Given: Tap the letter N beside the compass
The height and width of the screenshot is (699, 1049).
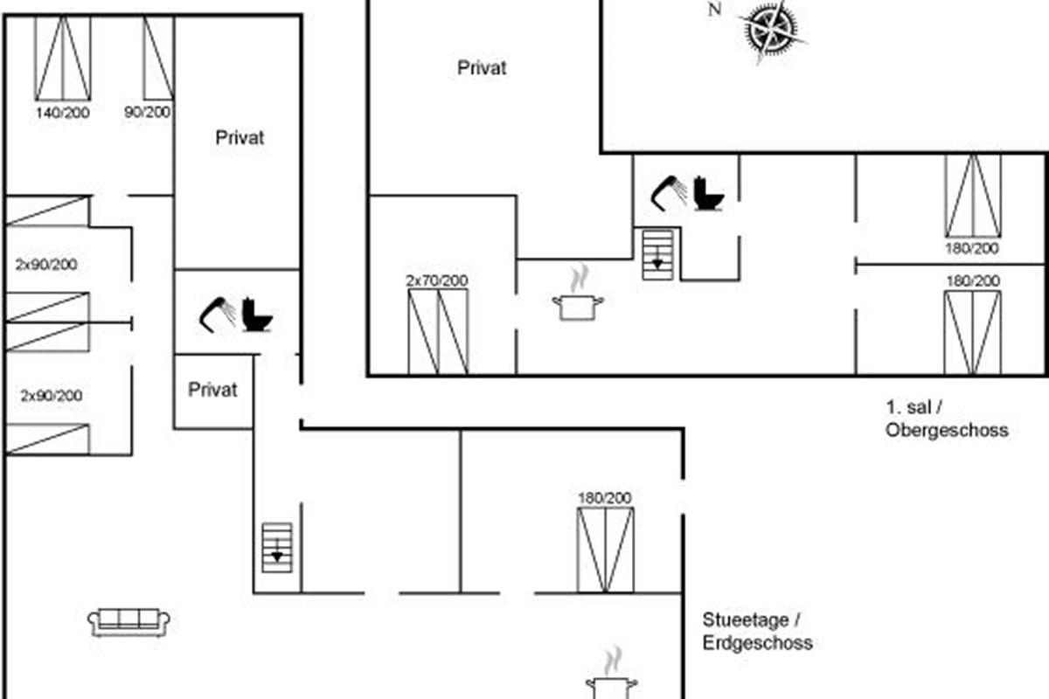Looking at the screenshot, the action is click(x=714, y=10).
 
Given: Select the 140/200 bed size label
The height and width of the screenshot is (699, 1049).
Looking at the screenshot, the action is click(x=63, y=113).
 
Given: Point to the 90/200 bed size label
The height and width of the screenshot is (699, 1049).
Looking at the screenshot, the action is click(x=147, y=112).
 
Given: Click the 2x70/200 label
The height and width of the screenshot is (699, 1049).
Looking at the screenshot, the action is click(x=436, y=280).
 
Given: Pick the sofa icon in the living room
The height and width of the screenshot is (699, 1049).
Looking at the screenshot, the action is click(x=129, y=622).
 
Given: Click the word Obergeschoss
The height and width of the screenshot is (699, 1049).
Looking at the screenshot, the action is click(x=947, y=430).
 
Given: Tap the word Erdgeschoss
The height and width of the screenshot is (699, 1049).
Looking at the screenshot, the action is click(x=757, y=643).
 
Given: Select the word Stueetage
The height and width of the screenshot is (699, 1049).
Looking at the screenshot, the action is click(x=746, y=620).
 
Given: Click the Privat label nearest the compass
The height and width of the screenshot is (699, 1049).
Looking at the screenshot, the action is click(x=482, y=68).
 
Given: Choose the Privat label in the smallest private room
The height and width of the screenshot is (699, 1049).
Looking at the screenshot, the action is click(x=212, y=390).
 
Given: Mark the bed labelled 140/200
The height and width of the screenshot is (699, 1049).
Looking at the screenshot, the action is click(x=63, y=58).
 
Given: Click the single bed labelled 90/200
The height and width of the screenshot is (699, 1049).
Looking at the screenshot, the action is click(x=158, y=58).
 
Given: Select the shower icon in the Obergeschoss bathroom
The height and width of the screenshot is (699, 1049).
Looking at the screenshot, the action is click(x=669, y=193).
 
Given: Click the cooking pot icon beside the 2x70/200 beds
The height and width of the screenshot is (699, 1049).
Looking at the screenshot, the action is click(x=579, y=294).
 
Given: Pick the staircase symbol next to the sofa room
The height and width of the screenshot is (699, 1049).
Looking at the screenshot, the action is click(x=277, y=548).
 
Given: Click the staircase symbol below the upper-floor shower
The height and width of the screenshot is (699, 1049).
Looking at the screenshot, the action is click(x=657, y=255).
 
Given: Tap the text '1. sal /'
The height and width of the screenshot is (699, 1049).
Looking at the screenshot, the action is click(x=914, y=407).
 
